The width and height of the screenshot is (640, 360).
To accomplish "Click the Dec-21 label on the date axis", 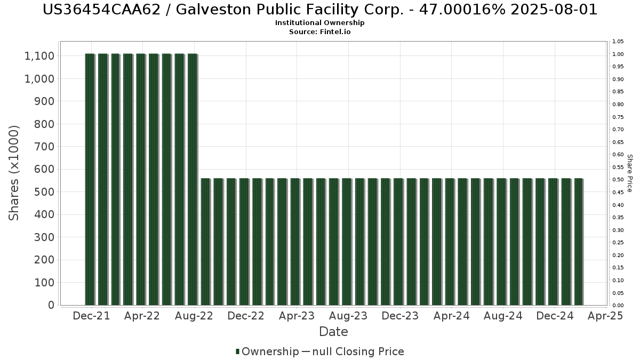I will point(91,316).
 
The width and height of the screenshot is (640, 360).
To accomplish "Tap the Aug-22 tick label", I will point(195,316).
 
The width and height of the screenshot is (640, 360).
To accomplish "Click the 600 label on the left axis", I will point(45,169).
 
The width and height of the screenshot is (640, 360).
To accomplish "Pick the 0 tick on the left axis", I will point(51,305).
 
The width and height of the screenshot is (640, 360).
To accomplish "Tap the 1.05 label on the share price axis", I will point(618,42).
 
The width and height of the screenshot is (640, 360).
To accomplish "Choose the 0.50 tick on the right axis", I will point(618,180).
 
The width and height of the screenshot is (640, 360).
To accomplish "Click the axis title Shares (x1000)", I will point(14,172).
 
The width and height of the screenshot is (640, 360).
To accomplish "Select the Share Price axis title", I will point(629,173).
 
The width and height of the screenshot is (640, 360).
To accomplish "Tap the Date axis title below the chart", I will point(333,332).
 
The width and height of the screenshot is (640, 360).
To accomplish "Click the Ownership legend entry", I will point(267,351).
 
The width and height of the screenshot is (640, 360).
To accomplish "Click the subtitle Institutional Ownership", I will point(319,23).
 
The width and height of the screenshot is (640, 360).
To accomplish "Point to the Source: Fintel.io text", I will point(319,32).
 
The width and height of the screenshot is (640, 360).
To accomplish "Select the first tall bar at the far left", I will point(90,179).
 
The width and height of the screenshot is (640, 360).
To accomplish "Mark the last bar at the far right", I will point(578,242).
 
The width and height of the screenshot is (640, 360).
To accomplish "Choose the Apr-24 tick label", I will point(451,316).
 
